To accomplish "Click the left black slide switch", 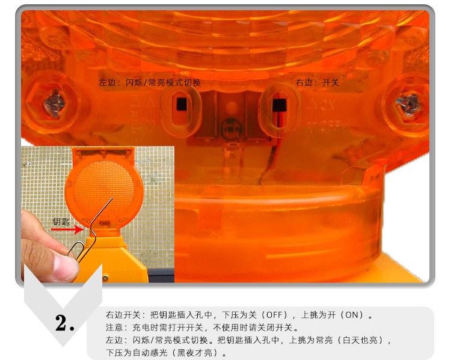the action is tap(181, 104).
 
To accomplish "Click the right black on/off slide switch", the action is tap(280, 105).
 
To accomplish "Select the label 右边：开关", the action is tap(318, 83).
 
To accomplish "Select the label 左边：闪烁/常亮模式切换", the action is tap(150, 83).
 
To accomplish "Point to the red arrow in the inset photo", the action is tap(67, 230).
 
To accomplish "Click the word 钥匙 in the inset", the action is tap(61, 221).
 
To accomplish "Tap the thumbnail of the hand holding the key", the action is tap(97, 214).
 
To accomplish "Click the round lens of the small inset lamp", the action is tap(104, 191).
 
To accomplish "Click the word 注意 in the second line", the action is tap(114, 328).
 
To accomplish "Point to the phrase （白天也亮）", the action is tap(360, 340).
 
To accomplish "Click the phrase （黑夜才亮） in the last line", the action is tap(195, 353).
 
